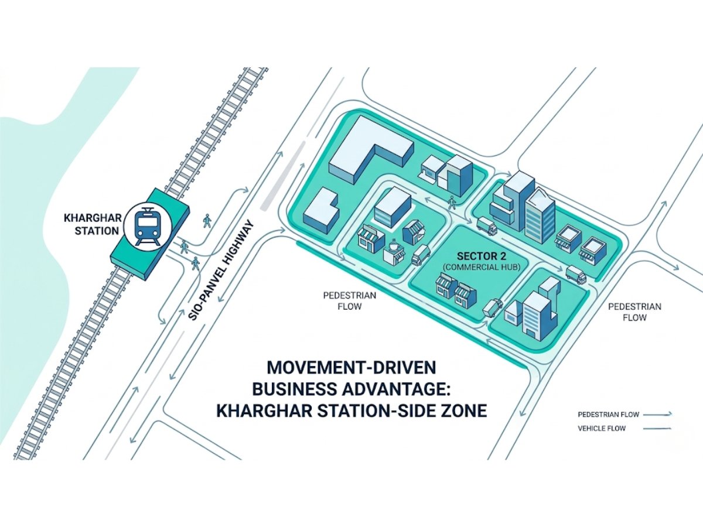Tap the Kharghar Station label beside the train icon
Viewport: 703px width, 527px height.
pyautogui.click(x=91, y=224)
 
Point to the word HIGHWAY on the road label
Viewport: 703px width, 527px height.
pyautogui.click(x=241, y=247)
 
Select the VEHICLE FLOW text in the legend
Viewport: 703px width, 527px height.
pyautogui.click(x=602, y=429)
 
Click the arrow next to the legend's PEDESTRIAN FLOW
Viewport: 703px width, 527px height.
pyautogui.click(x=657, y=415)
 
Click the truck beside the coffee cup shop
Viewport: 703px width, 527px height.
pyautogui.click(x=421, y=255)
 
